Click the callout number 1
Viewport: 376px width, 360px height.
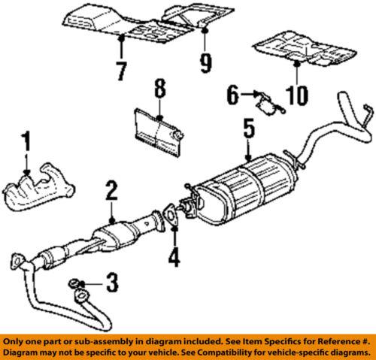pos(26,141)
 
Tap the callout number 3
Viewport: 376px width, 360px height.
pos(112,284)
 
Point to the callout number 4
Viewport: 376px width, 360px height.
pos(174,257)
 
